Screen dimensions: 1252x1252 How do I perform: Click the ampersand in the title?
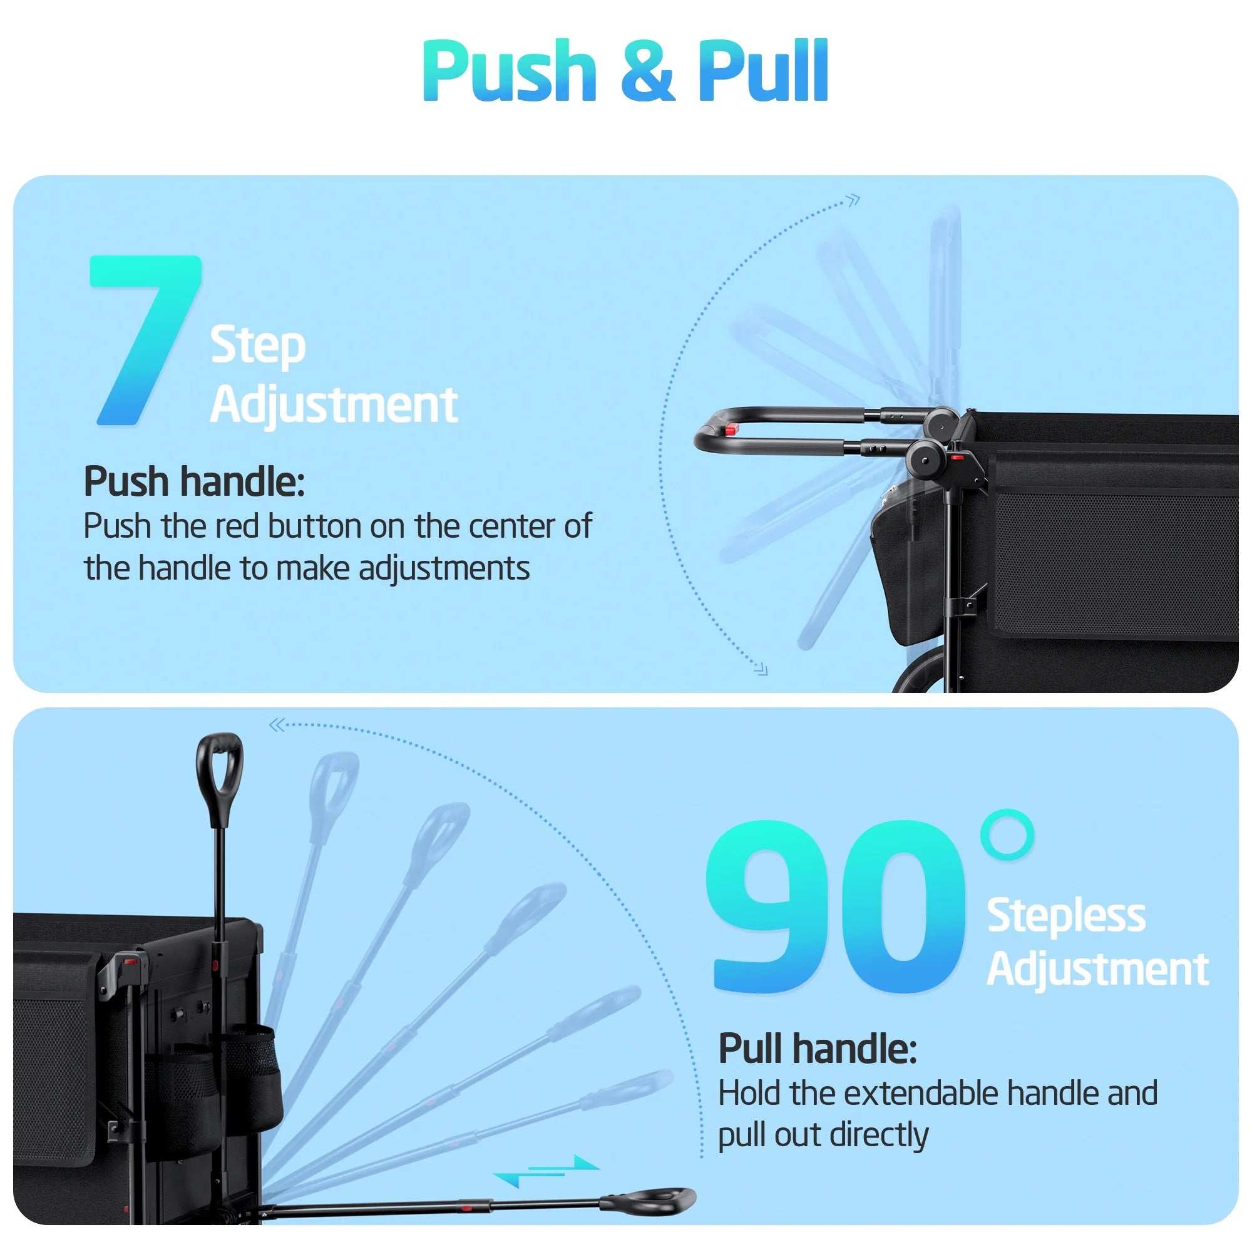[x=647, y=71]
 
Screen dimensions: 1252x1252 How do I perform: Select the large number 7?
[x=146, y=340]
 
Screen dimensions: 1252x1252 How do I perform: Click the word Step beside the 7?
[x=258, y=347]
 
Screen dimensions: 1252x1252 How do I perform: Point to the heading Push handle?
[x=194, y=481]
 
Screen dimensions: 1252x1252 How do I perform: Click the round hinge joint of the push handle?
[x=925, y=459]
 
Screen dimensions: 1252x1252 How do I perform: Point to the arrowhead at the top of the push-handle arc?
[x=854, y=200]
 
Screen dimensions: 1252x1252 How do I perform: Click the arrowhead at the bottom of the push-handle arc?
[x=761, y=669]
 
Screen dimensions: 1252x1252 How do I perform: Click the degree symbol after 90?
[x=1007, y=834]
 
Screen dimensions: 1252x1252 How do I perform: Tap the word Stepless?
[x=1066, y=916]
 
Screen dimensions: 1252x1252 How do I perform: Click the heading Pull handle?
[x=818, y=1049]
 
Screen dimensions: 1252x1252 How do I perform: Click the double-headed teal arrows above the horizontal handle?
[x=546, y=1171]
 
